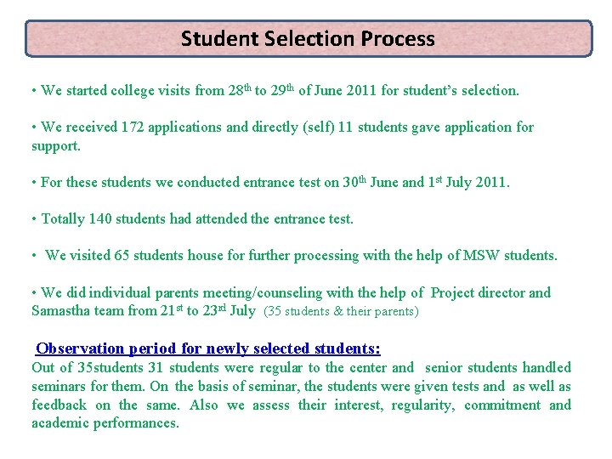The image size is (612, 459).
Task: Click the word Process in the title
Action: pyautogui.click(x=397, y=39)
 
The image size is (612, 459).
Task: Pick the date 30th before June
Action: pyautogui.click(x=354, y=182)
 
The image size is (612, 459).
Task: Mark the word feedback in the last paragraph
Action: pyautogui.click(x=59, y=405)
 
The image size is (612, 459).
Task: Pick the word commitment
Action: pyautogui.click(x=501, y=405)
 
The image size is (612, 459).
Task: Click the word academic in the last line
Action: pyautogui.click(x=61, y=423)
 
